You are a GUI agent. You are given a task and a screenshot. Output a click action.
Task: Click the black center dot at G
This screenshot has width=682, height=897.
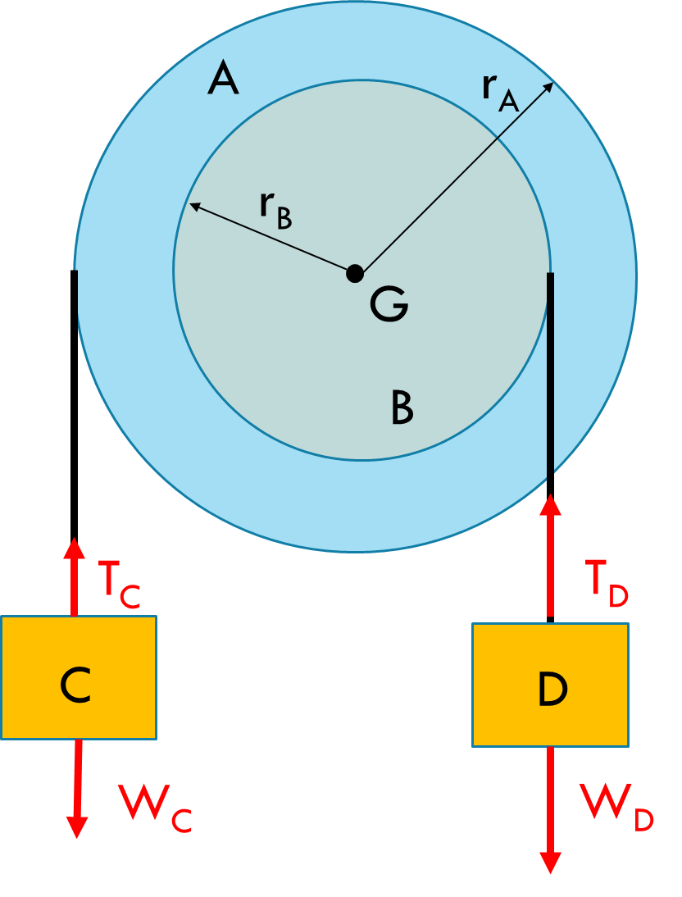tap(354, 273)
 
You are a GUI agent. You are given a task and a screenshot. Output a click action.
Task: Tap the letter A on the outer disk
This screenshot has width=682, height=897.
tap(223, 80)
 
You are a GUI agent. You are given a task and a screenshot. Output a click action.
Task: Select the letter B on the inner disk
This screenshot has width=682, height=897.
tap(402, 408)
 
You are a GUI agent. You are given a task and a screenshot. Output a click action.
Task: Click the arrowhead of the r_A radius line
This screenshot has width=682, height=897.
tap(549, 87)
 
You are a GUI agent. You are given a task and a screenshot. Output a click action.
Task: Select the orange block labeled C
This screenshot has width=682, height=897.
tap(78, 677)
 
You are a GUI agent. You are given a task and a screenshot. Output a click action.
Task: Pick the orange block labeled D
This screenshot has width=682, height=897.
tap(550, 685)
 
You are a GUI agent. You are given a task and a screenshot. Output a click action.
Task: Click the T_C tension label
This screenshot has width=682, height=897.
tap(118, 584)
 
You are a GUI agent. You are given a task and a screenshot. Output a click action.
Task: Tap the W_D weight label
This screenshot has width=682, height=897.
tap(616, 808)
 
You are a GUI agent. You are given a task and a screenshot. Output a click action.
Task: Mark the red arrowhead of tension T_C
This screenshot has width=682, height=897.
tap(75, 545)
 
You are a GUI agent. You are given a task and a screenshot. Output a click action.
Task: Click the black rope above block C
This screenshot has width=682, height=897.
tap(75, 402)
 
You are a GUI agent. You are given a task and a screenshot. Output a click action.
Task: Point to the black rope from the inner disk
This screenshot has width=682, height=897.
tap(550, 385)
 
